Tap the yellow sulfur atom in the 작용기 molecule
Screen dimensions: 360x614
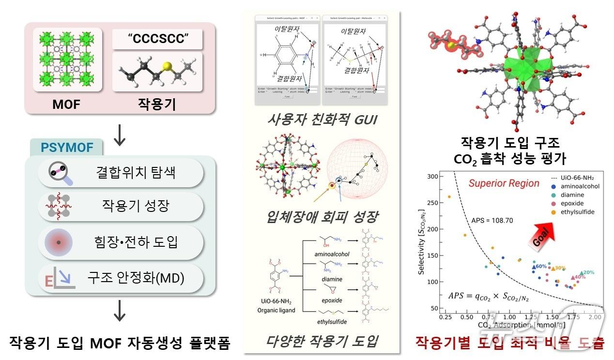168,66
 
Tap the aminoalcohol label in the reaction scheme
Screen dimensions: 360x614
332,254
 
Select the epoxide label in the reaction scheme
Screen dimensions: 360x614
332,300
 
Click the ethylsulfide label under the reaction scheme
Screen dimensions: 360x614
332,321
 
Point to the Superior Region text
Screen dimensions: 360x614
504,183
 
